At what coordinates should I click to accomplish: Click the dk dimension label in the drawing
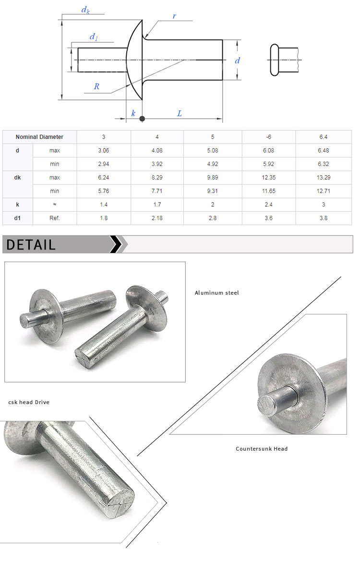click(x=85, y=10)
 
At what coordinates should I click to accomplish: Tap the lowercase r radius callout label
click(x=174, y=16)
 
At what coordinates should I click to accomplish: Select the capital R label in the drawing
click(x=96, y=86)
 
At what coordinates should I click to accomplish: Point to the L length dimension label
click(x=180, y=113)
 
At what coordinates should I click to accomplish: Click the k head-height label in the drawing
click(x=133, y=113)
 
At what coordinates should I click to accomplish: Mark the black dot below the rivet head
click(x=142, y=118)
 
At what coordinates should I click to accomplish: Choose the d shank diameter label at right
click(x=237, y=60)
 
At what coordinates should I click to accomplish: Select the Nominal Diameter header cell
click(x=39, y=137)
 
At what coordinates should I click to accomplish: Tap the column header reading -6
click(x=268, y=137)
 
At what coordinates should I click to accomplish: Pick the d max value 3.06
click(x=104, y=151)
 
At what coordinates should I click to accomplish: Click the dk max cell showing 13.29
click(x=324, y=178)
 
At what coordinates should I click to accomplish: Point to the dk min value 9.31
click(x=212, y=191)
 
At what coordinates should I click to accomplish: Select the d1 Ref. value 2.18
click(x=157, y=218)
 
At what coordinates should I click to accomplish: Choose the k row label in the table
click(x=18, y=204)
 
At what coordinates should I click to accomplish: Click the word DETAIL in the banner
click(x=31, y=245)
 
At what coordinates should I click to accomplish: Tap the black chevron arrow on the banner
click(x=116, y=244)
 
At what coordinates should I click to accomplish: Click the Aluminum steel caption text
click(x=216, y=293)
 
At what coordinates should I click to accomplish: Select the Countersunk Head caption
click(x=262, y=449)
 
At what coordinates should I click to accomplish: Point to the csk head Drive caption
click(x=29, y=402)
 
